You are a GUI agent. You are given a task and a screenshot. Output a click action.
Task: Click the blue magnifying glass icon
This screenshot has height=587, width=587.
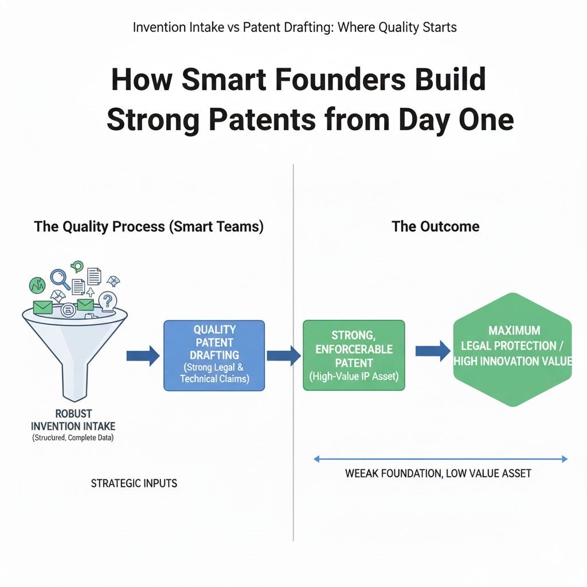pos(60,279)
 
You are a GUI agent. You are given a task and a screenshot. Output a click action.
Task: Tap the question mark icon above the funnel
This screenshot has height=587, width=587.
pos(107,300)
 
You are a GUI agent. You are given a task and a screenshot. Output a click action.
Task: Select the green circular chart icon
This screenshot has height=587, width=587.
pos(37,284)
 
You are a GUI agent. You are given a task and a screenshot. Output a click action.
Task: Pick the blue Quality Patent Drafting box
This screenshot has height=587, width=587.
pos(214,355)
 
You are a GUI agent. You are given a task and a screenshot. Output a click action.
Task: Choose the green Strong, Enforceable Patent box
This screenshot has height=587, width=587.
pos(353,355)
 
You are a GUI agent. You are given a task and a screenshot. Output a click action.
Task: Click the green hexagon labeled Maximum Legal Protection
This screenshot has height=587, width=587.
pos(512,350)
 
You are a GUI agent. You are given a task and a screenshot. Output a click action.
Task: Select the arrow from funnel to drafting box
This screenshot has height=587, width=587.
pos(143,355)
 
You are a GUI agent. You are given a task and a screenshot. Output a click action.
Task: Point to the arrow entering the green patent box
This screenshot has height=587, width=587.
pos(284,355)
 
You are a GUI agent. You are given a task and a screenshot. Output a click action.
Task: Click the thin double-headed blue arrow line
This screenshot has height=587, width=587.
pos(441,459)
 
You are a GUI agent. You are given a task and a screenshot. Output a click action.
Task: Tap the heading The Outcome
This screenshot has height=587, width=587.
pos(436,226)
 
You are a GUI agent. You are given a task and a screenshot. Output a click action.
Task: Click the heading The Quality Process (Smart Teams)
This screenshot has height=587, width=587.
pos(149,226)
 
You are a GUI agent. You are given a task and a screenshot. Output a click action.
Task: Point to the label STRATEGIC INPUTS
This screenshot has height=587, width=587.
pos(134,483)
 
